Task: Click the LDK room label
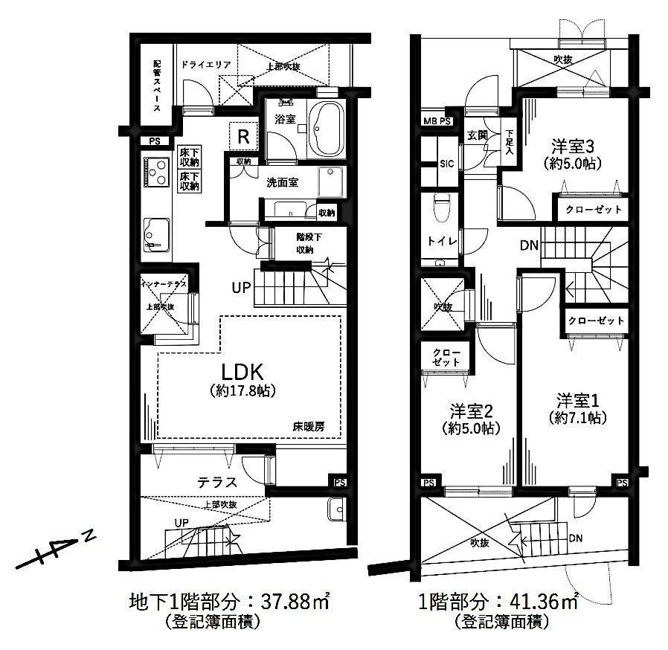[242, 373]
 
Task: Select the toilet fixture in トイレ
[440, 207]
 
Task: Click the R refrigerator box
[243, 136]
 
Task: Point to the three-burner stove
[156, 172]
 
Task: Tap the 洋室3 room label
[573, 147]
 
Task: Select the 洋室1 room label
[578, 401]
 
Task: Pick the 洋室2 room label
[472, 411]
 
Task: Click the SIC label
[447, 164]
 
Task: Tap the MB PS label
[437, 121]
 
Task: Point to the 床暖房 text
[309, 426]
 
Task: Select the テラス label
[217, 482]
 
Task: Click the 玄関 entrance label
[477, 135]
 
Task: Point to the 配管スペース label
[157, 86]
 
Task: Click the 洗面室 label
[283, 182]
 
